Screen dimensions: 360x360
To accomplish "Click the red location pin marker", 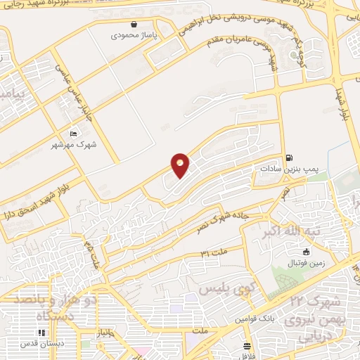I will (181, 165).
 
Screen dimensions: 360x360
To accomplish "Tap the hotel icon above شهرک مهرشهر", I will (73, 134).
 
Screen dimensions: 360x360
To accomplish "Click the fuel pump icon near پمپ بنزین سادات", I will (290, 158).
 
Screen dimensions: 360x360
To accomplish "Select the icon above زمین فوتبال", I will (306, 252).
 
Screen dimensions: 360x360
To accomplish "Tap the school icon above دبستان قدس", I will (40, 333).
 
